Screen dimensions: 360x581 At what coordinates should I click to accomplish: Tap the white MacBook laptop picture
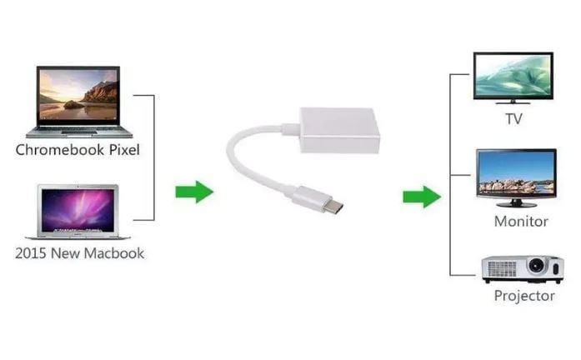77,212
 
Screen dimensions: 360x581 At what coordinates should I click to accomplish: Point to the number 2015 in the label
31,252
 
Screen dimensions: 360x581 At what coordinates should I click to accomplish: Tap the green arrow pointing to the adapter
193,192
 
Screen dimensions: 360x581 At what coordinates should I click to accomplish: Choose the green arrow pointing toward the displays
421,197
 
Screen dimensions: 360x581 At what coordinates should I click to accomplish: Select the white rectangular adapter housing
339,130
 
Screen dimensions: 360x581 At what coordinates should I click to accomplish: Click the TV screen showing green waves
513,77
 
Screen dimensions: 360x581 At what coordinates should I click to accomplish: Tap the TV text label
513,119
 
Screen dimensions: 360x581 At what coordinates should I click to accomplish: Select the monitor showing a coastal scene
516,177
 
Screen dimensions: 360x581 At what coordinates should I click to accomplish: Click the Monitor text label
521,222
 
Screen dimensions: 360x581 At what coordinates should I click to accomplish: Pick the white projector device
522,268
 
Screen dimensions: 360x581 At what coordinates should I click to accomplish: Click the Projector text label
523,296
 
